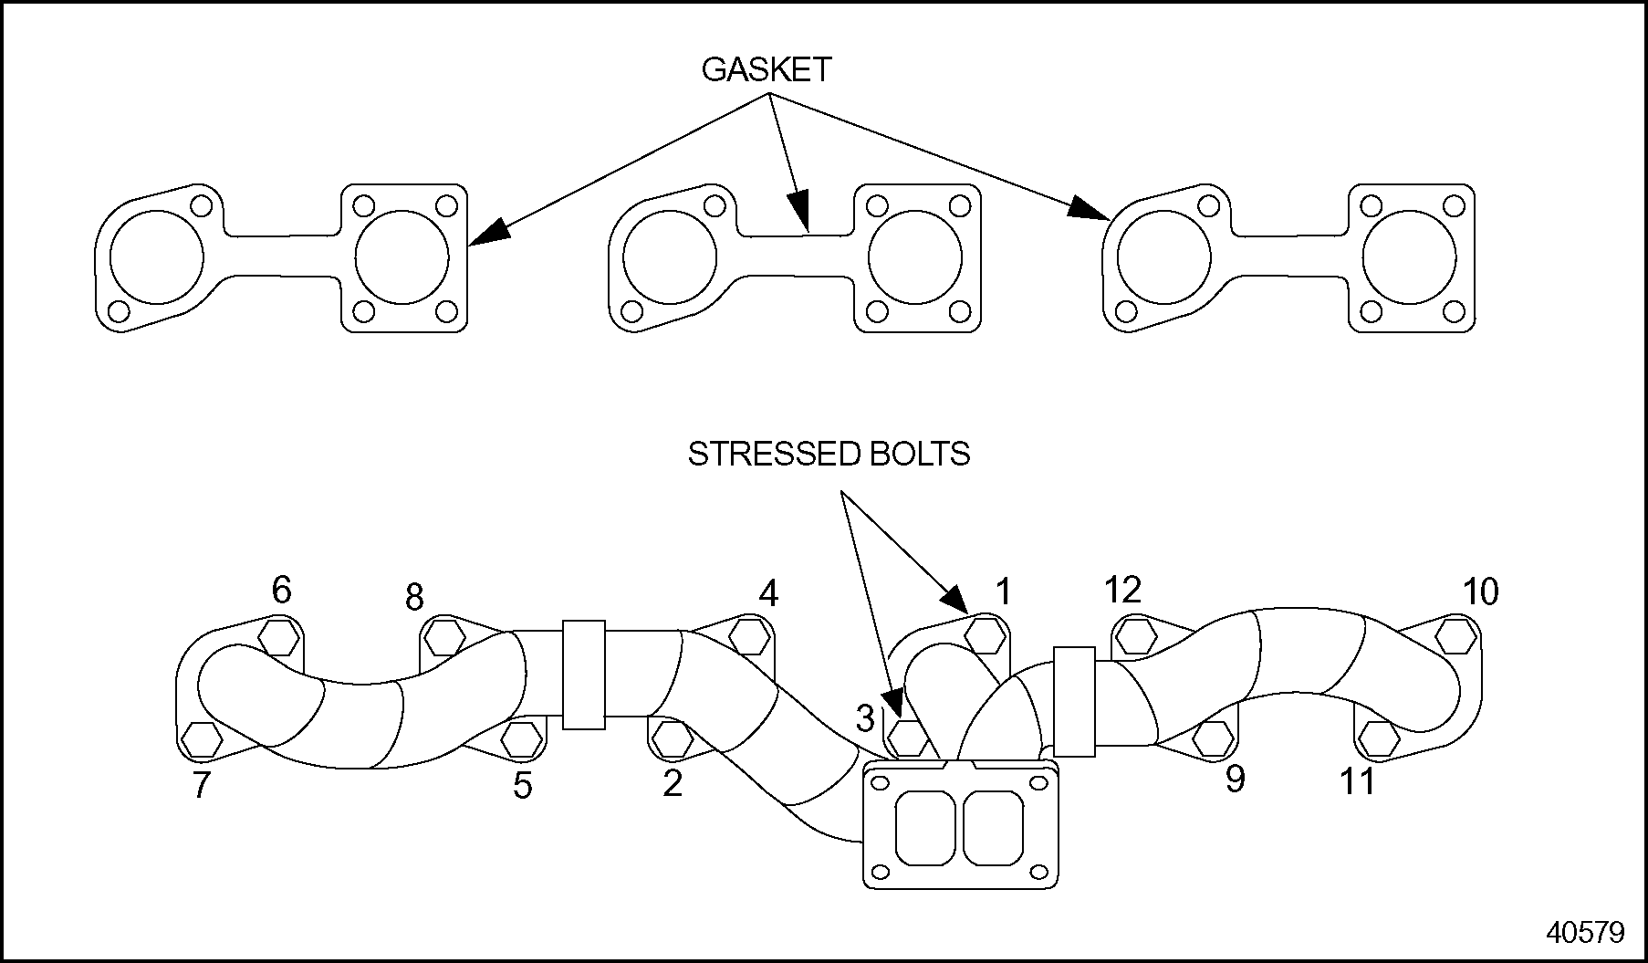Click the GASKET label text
766,70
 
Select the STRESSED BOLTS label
829,454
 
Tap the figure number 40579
1585,932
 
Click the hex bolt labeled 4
749,635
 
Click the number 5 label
522,785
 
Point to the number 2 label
673,783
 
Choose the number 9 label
1235,779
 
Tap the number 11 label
1357,781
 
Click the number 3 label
865,717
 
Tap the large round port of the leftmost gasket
156,257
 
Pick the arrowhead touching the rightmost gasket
1090,209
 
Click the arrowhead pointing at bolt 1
954,600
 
